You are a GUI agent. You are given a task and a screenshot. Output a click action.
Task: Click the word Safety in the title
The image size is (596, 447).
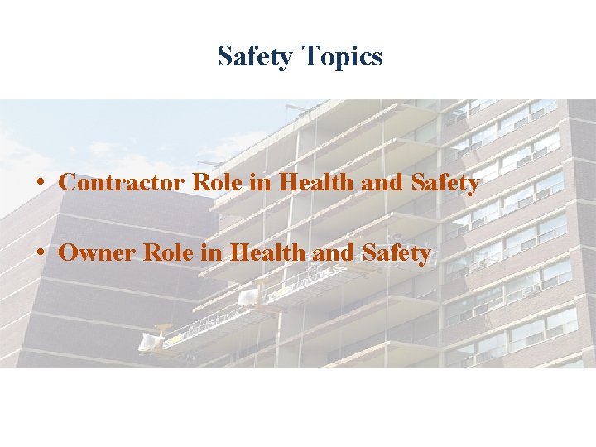(257, 57)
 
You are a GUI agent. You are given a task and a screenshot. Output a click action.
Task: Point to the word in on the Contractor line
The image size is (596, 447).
(261, 182)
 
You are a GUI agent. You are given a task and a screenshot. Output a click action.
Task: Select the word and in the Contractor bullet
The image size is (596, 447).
(381, 182)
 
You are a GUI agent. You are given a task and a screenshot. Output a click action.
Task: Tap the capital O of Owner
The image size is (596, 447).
(69, 253)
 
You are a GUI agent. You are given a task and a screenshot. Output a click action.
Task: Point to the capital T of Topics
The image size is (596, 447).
(310, 57)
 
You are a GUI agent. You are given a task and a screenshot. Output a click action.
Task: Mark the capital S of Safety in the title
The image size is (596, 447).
(224, 57)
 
